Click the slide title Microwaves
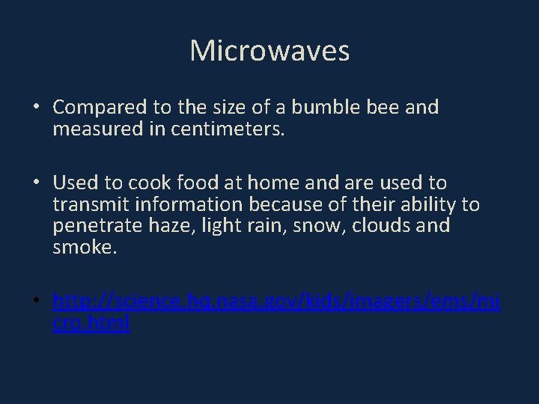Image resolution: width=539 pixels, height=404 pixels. pyautogui.click(x=269, y=51)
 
